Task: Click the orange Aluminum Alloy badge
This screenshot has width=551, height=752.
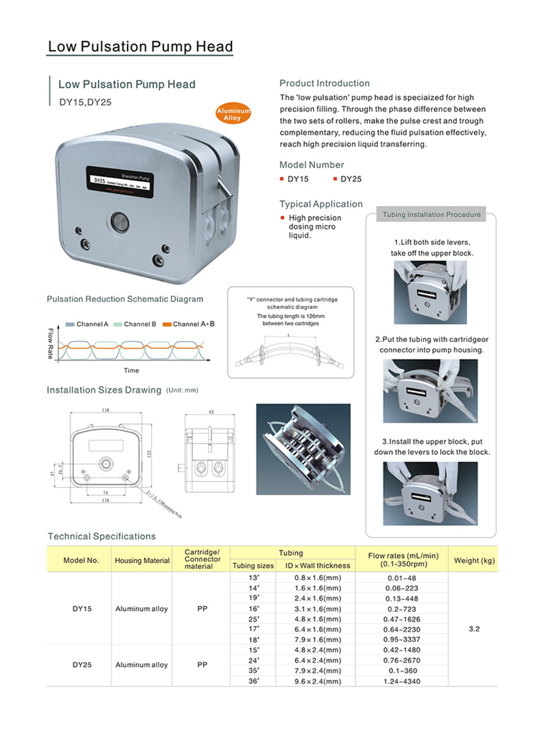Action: [233, 113]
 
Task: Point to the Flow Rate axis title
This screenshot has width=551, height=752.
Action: [51, 344]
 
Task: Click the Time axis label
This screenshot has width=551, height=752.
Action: [132, 370]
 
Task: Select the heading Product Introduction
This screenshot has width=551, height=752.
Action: [324, 83]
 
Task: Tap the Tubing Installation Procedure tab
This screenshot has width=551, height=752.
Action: [431, 215]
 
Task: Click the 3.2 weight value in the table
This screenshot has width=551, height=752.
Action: [474, 628]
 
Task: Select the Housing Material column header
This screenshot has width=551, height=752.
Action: [142, 560]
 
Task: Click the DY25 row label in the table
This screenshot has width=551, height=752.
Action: [82, 665]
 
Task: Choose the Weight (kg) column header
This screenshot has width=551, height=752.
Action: [474, 560]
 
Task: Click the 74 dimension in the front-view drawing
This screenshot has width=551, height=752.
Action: [107, 493]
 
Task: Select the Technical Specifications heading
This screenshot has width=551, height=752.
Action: [102, 537]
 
